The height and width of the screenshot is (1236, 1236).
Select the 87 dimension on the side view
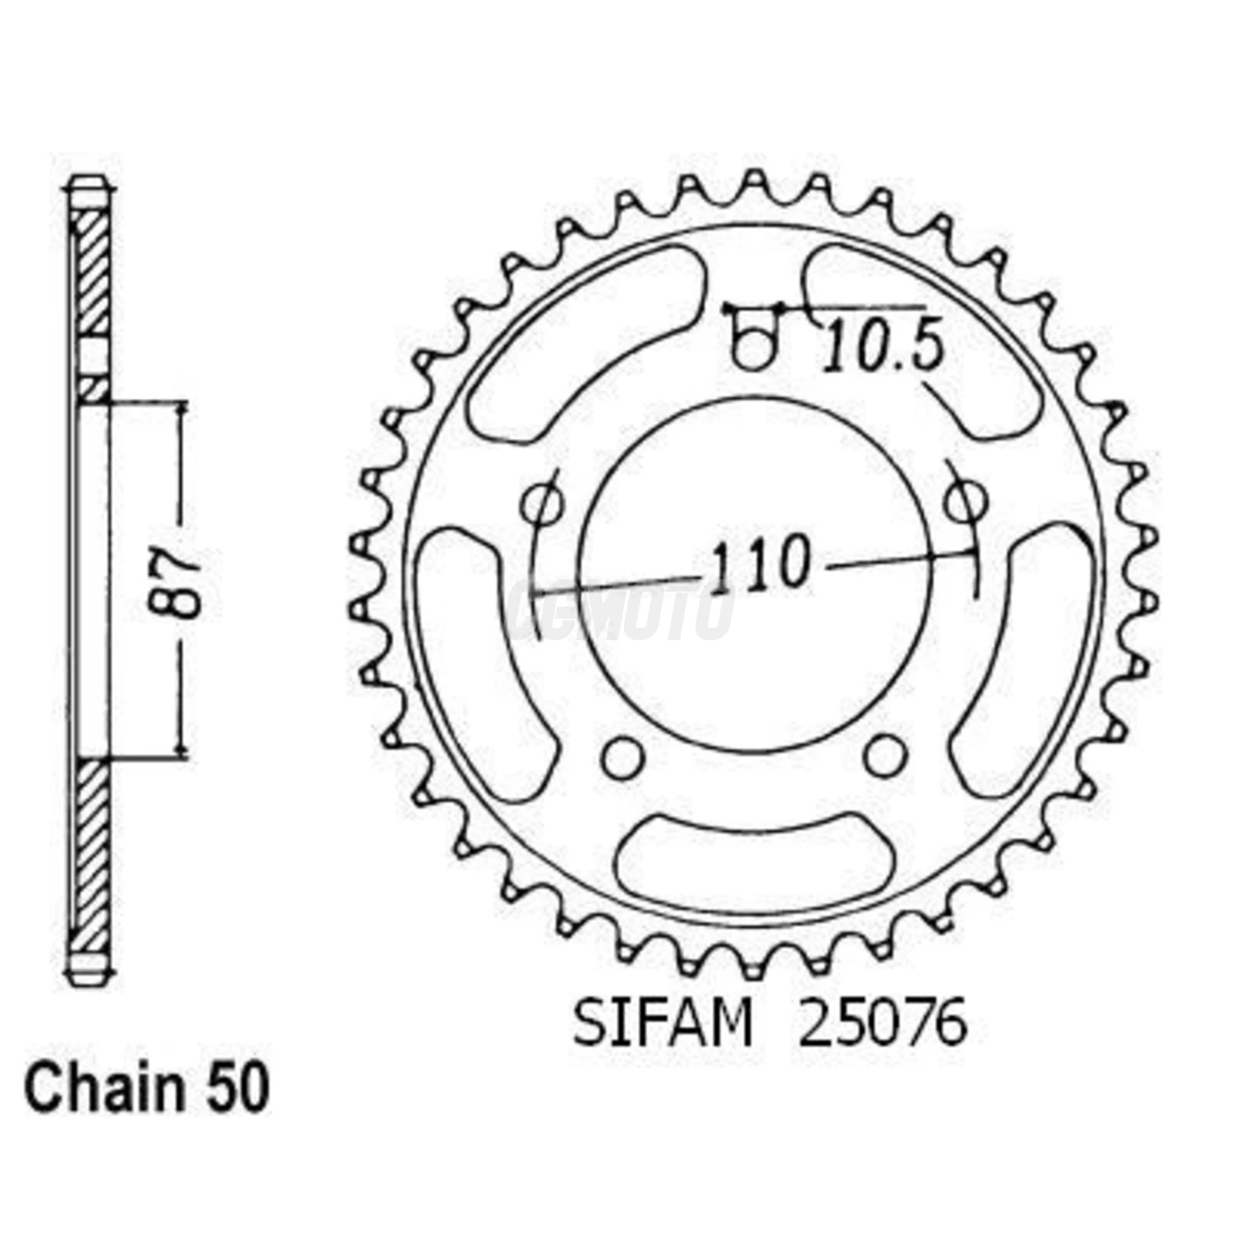coord(174,584)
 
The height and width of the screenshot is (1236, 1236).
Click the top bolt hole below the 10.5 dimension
coord(753,350)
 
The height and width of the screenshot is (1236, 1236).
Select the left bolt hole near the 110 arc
coord(542,505)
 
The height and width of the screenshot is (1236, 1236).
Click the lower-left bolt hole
coord(622,756)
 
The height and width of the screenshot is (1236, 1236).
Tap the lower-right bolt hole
coord(884,756)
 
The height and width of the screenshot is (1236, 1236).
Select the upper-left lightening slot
coord(583,344)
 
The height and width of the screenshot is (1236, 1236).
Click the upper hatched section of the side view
coord(90,274)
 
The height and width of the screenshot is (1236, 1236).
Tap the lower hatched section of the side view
coord(90,852)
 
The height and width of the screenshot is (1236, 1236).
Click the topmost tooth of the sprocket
coord(753,183)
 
